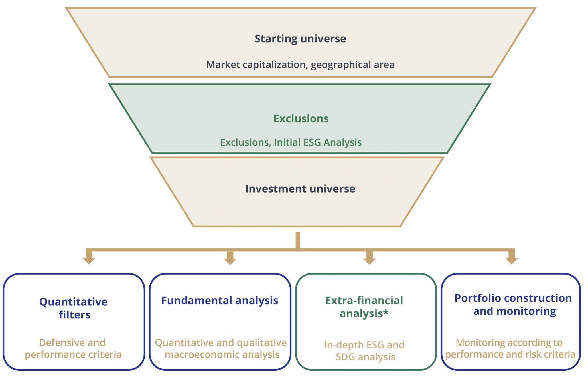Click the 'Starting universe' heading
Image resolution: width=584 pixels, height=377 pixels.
coord(300,39)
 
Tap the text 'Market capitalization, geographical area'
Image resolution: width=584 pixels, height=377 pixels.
coord(300,65)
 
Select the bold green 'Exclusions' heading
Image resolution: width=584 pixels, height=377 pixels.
coord(301,118)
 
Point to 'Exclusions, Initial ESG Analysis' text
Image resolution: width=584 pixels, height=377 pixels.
coord(291,142)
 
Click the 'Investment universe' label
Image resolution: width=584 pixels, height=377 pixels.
coord(300,189)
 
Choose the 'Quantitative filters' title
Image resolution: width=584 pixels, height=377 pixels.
coord(74,308)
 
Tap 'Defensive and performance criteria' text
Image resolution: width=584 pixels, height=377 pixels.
coord(73,348)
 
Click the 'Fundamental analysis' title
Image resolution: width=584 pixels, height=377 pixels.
coord(220,301)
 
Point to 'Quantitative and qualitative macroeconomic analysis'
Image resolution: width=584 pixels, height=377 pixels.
coord(221,348)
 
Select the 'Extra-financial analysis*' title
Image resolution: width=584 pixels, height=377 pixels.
coord(364,307)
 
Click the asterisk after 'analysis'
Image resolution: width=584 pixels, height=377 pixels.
coord(386,312)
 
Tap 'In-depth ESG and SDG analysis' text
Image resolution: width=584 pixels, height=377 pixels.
coord(364,351)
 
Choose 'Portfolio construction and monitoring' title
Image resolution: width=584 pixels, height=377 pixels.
coord(513,305)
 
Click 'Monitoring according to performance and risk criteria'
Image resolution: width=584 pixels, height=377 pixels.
coord(510,348)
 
